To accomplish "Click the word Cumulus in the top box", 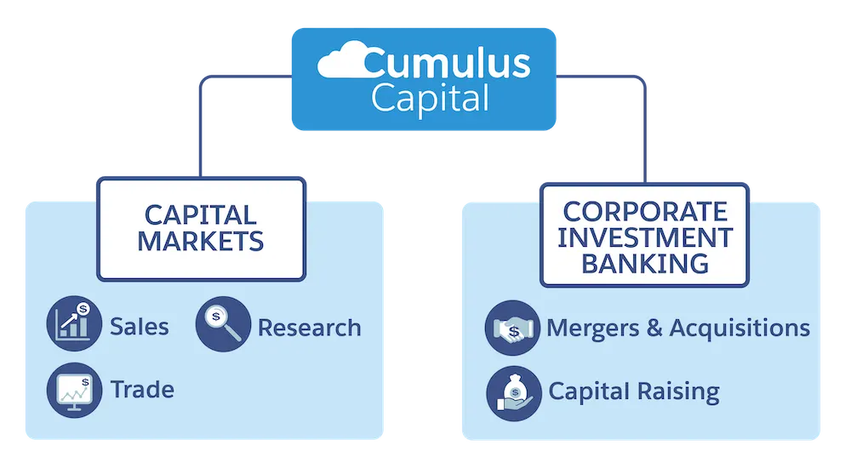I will (x=446, y=64).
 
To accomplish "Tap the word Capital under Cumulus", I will (x=430, y=99).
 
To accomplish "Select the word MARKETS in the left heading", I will (x=201, y=241).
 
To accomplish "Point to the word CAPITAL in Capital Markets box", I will (x=201, y=214).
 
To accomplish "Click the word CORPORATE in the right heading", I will (x=645, y=211).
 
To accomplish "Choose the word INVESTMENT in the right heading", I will (x=645, y=237).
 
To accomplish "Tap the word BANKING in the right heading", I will (x=645, y=263).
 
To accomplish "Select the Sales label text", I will (x=140, y=327).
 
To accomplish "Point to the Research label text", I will (x=309, y=328).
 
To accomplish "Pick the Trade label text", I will (x=142, y=391).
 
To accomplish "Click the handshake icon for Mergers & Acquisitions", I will (x=512, y=328).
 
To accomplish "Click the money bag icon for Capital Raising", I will (x=512, y=392).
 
